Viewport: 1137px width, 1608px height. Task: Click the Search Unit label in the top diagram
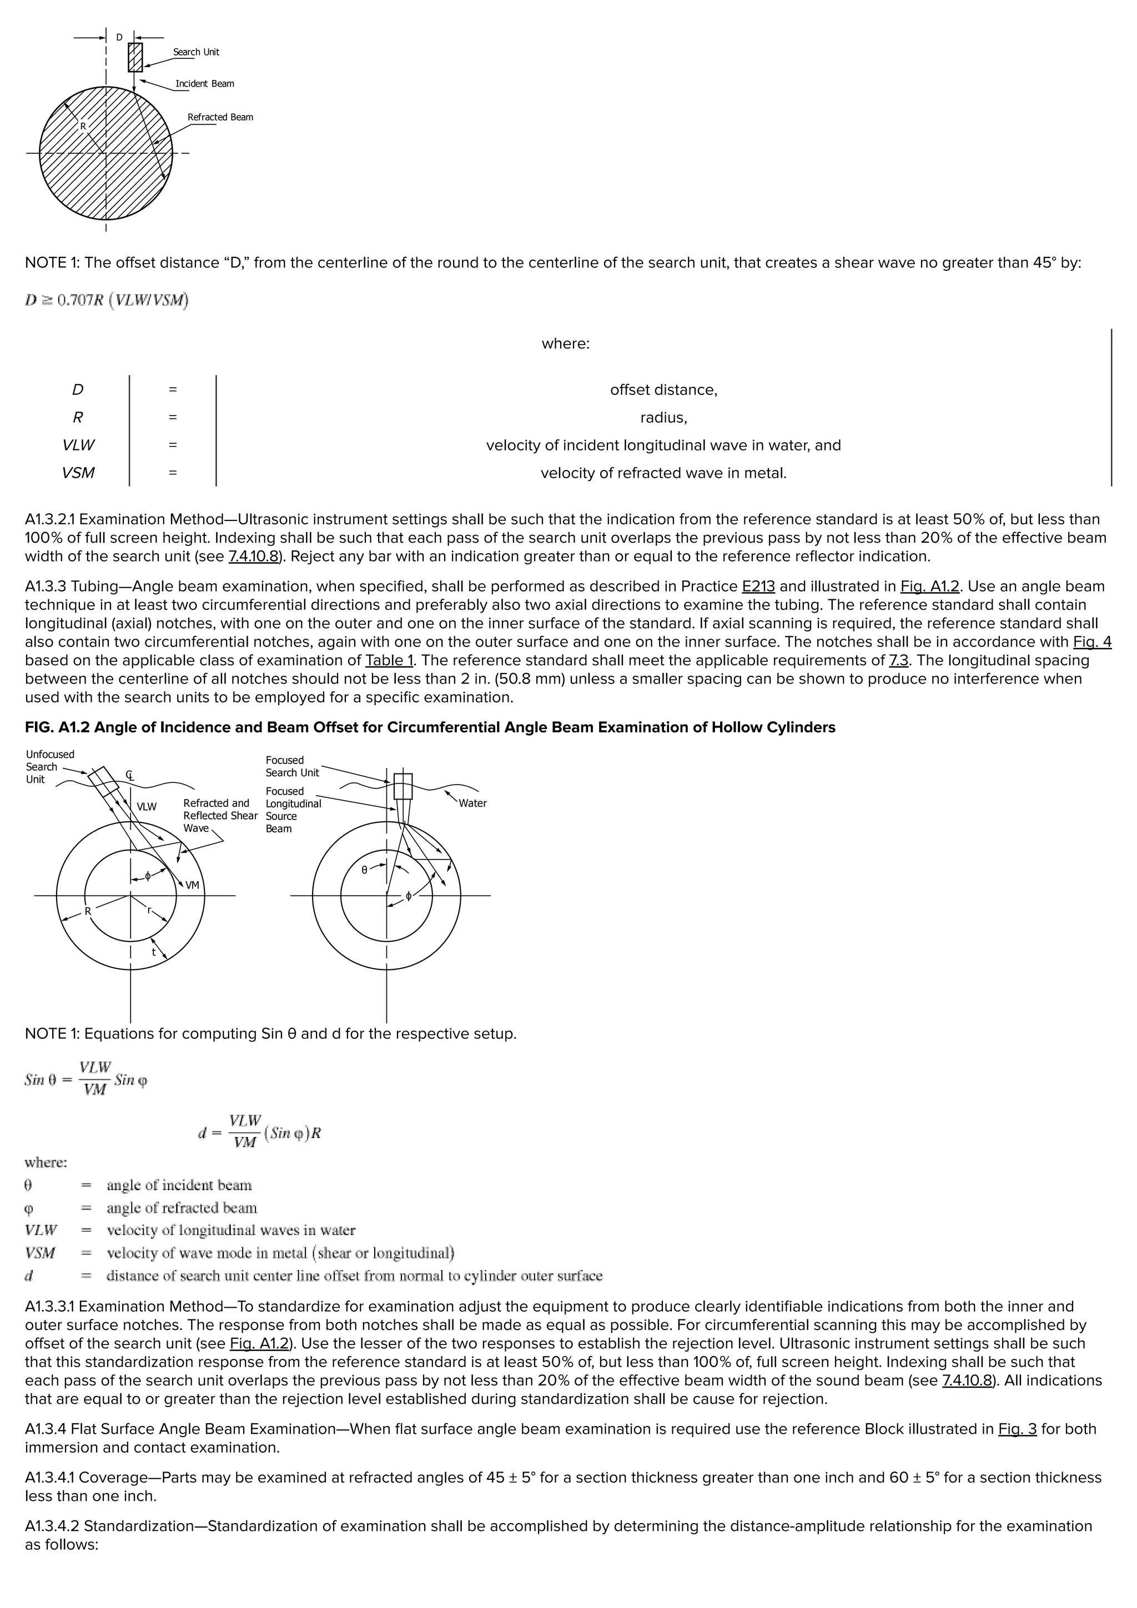coord(196,52)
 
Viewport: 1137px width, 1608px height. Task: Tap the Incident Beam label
coord(204,83)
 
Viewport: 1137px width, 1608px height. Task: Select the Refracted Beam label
coord(220,117)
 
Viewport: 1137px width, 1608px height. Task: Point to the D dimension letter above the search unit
coord(119,37)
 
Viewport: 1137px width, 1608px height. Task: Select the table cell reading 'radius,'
coord(663,417)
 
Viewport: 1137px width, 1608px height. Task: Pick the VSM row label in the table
coord(78,473)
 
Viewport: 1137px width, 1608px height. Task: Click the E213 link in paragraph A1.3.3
coord(758,586)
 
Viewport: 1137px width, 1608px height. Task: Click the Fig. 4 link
coord(1091,641)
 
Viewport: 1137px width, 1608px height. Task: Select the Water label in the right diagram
coord(472,803)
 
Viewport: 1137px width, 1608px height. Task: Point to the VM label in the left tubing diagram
coord(192,885)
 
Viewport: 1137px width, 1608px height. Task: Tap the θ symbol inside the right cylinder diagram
coord(364,871)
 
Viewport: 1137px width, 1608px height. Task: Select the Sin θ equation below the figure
coord(85,1079)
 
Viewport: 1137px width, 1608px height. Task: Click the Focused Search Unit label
coord(292,766)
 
